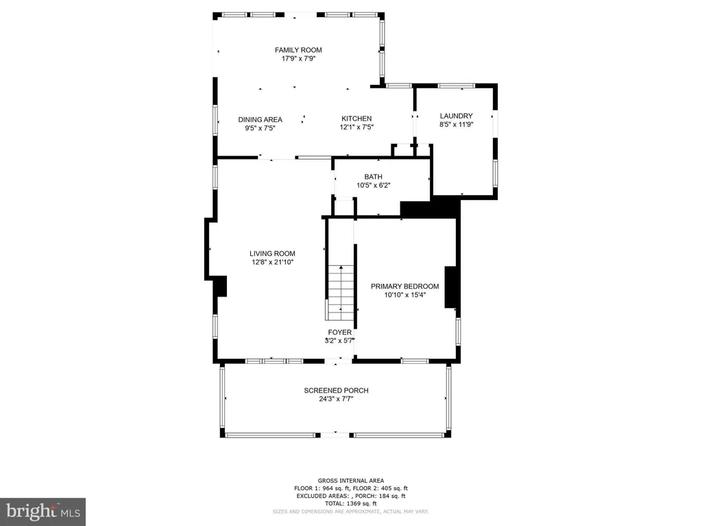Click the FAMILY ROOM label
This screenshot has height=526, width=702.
[298, 50]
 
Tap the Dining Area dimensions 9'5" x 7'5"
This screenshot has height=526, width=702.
[260, 128]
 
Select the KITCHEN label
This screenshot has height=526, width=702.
[356, 118]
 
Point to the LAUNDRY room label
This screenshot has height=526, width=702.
[456, 116]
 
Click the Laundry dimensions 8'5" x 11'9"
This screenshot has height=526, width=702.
[456, 125]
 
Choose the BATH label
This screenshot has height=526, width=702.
[373, 177]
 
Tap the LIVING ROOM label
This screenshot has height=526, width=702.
[272, 253]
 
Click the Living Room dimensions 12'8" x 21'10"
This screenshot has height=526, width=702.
[272, 262]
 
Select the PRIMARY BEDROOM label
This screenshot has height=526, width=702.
[404, 286]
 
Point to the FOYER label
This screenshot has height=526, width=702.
[340, 332]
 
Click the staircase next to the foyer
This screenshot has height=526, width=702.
[341, 292]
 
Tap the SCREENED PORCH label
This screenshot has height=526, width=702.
[336, 390]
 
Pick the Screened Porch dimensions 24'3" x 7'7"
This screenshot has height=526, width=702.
[336, 399]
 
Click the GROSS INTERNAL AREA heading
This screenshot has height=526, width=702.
[350, 481]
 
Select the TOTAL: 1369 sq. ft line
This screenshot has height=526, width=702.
[350, 503]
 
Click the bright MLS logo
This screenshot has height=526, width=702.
[43, 512]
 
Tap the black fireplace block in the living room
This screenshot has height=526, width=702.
[220, 286]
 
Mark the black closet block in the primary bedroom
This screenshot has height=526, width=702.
[451, 287]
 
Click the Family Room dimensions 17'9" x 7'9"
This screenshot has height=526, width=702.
[298, 59]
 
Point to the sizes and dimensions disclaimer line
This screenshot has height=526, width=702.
[350, 511]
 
